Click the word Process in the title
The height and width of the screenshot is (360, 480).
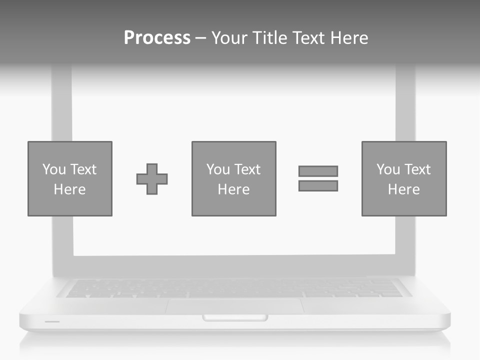157,38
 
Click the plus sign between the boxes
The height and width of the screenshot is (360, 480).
152,179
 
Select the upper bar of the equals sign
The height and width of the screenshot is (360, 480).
318,171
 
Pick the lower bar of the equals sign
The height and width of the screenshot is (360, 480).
318,185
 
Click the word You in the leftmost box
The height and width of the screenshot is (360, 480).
54,169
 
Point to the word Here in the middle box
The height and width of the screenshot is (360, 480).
234,189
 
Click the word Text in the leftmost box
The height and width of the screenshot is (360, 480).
83,169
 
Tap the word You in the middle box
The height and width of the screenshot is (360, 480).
218,169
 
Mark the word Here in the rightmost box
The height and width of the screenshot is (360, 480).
404,189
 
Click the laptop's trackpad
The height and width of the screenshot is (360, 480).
234,306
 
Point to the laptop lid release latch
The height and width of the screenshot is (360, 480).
234,317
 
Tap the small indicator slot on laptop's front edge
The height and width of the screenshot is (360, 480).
52,321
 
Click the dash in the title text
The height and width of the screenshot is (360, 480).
200,38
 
